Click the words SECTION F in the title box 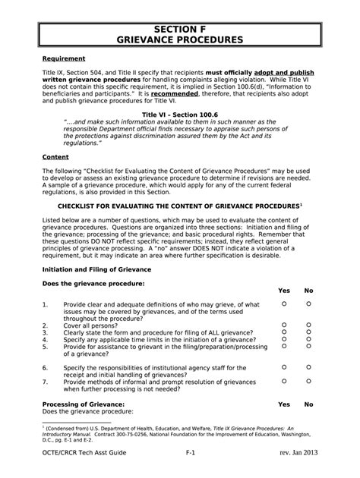179,26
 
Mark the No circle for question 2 308,325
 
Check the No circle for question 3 308,332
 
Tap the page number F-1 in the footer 191,452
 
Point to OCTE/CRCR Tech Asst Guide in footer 84,452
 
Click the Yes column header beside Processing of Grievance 284,404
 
